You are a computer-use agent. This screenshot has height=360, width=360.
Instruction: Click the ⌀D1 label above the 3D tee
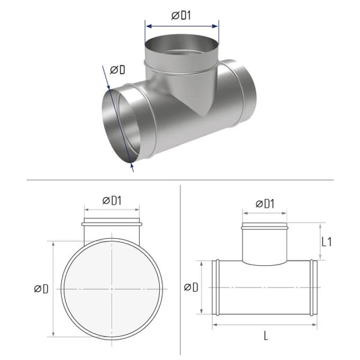[x=181, y=16]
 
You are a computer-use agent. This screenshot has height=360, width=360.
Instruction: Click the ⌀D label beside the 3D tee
[x=118, y=70]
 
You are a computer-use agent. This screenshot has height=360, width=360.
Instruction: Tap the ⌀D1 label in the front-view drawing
[x=112, y=200]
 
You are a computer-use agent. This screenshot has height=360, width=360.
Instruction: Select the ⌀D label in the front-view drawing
[x=41, y=289]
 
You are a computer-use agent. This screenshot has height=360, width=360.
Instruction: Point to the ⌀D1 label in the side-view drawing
[x=265, y=203]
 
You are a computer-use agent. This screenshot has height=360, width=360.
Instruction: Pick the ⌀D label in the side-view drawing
[x=191, y=287]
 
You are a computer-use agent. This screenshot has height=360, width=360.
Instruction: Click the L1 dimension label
[x=326, y=242]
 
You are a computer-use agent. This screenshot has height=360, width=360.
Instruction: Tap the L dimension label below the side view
[x=266, y=336]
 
